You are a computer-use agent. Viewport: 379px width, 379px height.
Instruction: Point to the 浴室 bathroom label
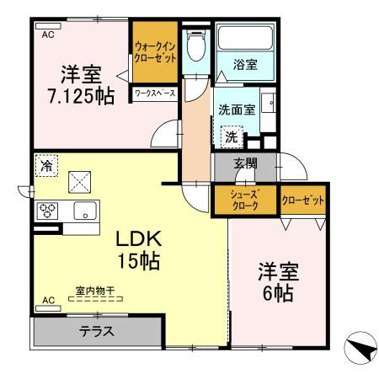point(246,63)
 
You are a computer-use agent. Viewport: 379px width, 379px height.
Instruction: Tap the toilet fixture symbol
point(195,47)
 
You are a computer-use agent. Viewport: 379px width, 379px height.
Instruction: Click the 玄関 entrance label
point(246,164)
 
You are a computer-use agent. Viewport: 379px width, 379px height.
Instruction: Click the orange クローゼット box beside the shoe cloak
point(303,200)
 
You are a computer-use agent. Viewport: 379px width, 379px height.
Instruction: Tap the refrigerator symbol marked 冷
point(46,166)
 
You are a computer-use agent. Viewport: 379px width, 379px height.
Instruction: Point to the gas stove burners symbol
point(47,211)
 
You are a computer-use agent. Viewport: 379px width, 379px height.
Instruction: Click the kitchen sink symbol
point(85,211)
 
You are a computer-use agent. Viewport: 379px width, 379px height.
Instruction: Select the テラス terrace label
point(97,331)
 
